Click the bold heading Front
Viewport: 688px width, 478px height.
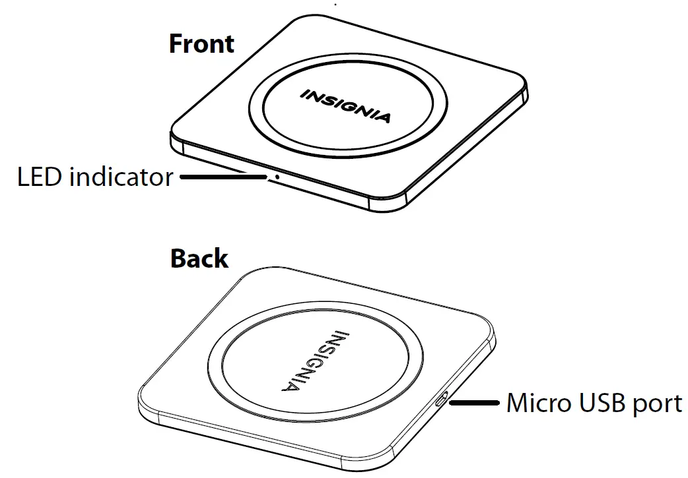click(201, 44)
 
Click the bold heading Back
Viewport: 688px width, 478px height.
click(199, 258)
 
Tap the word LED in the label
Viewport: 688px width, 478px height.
click(40, 177)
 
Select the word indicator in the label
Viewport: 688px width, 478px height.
click(121, 177)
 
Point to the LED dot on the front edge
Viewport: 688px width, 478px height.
click(277, 177)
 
